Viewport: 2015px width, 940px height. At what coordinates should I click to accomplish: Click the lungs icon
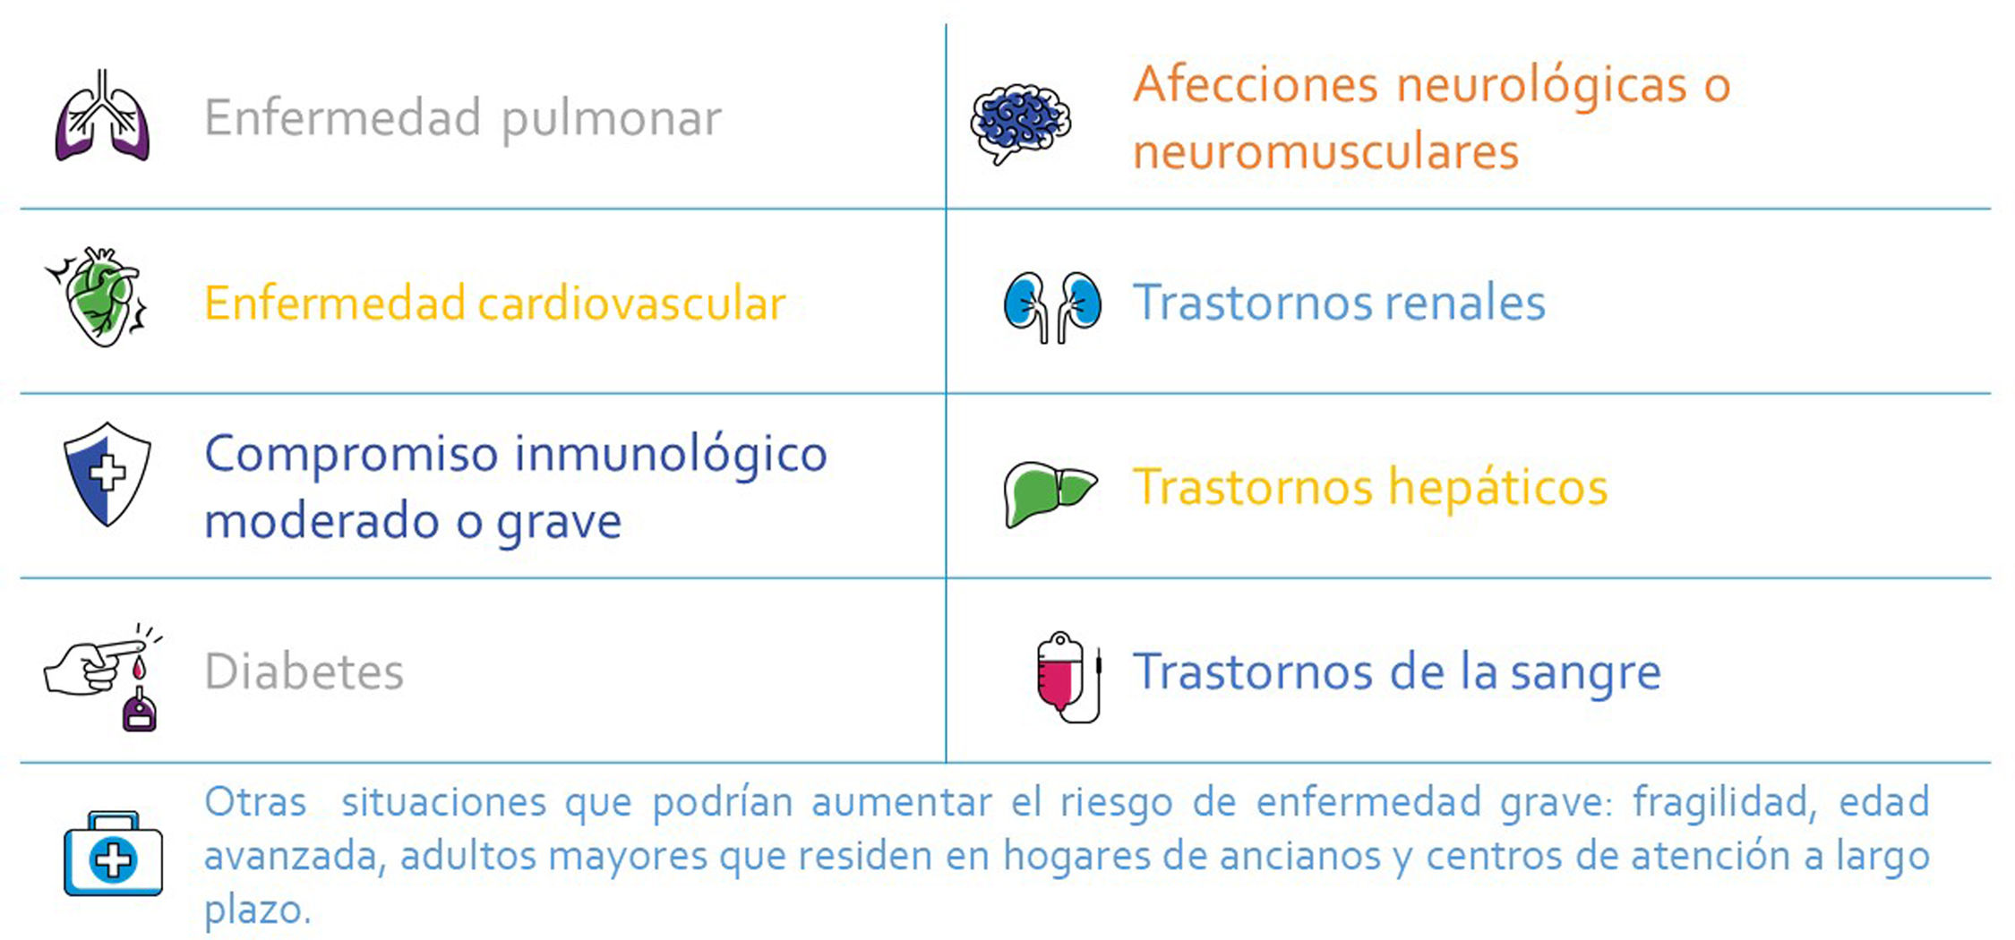(x=102, y=115)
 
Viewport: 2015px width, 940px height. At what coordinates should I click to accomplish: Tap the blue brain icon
(x=1020, y=124)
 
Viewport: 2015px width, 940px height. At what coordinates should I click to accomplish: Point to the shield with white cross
(x=107, y=474)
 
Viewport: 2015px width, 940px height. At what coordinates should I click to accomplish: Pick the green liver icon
(x=1049, y=493)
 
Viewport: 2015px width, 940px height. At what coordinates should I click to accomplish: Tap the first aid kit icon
(x=113, y=854)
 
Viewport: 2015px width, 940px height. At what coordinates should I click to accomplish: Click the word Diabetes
(x=304, y=671)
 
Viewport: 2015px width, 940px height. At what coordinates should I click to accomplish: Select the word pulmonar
(x=612, y=120)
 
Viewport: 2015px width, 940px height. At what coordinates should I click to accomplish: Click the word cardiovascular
(x=632, y=303)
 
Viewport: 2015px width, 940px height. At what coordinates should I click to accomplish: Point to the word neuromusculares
(x=1325, y=150)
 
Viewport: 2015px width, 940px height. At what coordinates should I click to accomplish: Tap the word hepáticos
(x=1498, y=489)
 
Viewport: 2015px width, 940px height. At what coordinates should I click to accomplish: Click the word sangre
(x=1585, y=673)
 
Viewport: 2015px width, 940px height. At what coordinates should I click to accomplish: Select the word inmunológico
(x=671, y=456)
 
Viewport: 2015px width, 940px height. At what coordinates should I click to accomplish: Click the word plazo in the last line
(x=257, y=910)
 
